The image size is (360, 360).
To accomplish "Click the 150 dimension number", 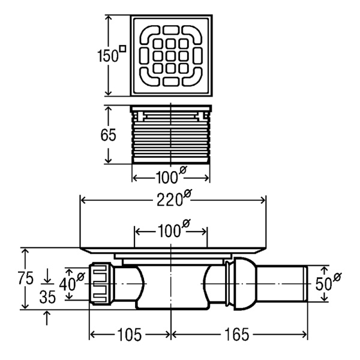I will (x=107, y=55).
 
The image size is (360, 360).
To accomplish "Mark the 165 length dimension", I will (x=239, y=333).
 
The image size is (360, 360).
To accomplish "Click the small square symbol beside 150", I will (x=122, y=49).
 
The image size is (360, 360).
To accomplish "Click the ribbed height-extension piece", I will (x=171, y=137).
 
